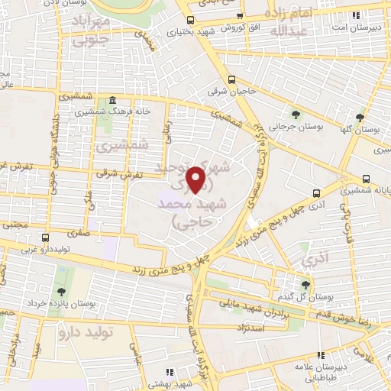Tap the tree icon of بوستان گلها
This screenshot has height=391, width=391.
360,118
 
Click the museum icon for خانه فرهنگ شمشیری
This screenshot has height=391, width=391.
112,100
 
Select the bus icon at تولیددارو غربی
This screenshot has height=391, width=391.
46,238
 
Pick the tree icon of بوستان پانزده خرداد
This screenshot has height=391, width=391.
60,291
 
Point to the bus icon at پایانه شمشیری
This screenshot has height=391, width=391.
316,193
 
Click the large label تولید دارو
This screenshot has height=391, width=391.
109,334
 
